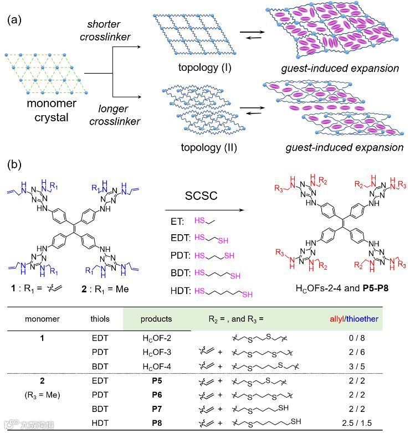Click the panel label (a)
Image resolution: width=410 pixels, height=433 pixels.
pos(15,20)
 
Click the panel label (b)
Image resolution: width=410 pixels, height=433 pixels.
pos(15,164)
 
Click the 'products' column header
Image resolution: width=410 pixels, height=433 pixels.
pos(156,319)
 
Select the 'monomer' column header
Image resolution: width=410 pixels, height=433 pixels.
pos(42,319)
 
